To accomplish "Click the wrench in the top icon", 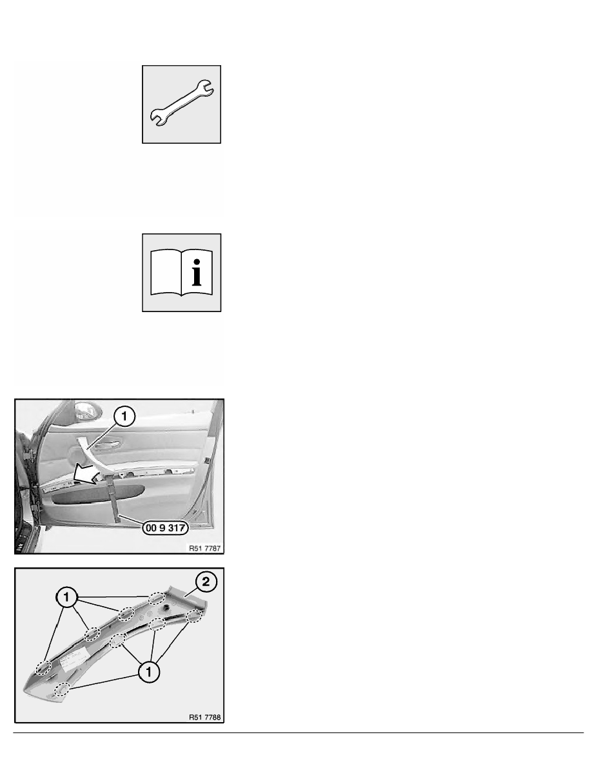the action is pyautogui.click(x=181, y=104).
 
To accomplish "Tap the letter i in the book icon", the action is pyautogui.click(x=197, y=273).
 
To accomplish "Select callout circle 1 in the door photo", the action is pyautogui.click(x=124, y=417).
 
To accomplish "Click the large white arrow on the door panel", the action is pyautogui.click(x=91, y=475).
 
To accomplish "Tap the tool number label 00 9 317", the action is pyautogui.click(x=166, y=527).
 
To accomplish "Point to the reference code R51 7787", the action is pyautogui.click(x=204, y=548).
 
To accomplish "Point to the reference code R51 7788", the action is pyautogui.click(x=204, y=717).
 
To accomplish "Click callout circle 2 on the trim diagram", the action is pyautogui.click(x=206, y=582).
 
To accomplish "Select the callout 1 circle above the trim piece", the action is pyautogui.click(x=66, y=598).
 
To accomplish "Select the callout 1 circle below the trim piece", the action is pyautogui.click(x=148, y=673).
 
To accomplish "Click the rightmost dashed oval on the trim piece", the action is pyautogui.click(x=194, y=616).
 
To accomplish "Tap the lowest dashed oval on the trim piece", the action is pyautogui.click(x=61, y=690).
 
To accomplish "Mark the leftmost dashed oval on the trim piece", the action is pyautogui.click(x=43, y=667).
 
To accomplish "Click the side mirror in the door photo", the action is pyautogui.click(x=86, y=409).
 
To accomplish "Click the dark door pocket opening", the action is pyautogui.click(x=97, y=495).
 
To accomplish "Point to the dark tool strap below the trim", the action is pyautogui.click(x=115, y=498).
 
